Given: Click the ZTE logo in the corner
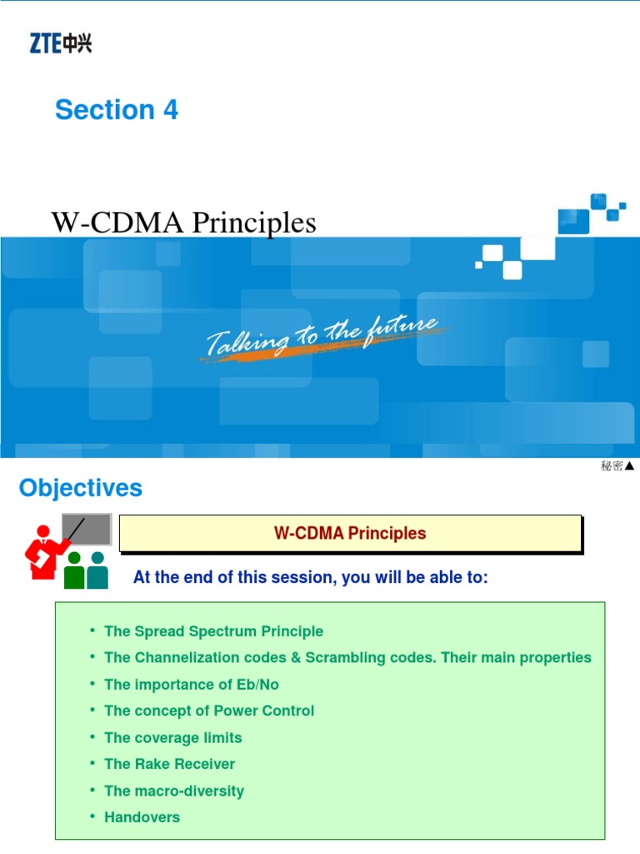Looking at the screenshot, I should (61, 43).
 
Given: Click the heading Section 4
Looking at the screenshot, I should (117, 110).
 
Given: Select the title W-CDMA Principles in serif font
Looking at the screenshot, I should (184, 223).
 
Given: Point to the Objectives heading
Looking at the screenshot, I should (81, 489).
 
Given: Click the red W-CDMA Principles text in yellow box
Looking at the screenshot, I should (350, 534).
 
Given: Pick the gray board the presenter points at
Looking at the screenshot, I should (87, 529).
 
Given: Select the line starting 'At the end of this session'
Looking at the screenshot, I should (310, 578).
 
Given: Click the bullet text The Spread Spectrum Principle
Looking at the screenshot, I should (213, 631).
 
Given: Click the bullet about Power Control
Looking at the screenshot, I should (209, 711).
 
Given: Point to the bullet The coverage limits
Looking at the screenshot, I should (173, 738).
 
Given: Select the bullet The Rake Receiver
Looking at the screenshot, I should (170, 765).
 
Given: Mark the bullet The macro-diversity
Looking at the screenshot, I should (174, 791).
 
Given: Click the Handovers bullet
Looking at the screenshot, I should (142, 818).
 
